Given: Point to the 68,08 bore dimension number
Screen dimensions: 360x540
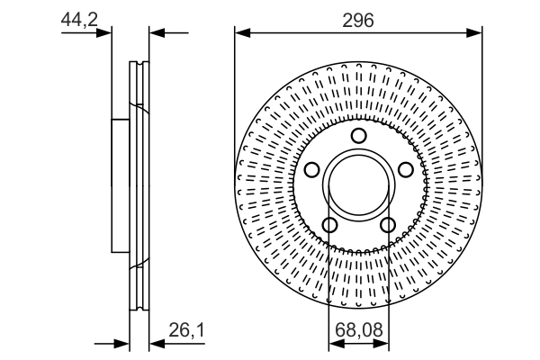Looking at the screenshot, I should [358, 331].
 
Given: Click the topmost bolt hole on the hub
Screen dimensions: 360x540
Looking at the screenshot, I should [358, 136].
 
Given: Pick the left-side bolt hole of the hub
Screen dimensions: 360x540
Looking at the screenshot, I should [312, 170].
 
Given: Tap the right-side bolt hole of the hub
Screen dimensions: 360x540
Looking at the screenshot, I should [404, 170].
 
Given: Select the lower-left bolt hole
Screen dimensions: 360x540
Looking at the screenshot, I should [329, 224].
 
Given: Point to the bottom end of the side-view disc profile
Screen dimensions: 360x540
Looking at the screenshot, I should [139, 308].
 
